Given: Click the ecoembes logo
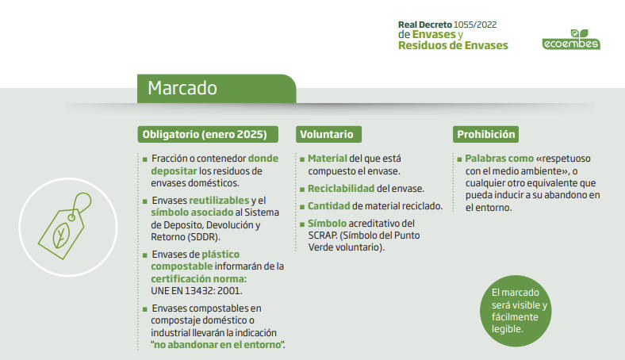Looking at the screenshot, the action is pyautogui.click(x=571, y=40).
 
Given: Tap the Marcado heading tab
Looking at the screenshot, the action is pyautogui.click(x=217, y=89).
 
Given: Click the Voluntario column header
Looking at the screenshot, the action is pyautogui.click(x=328, y=134).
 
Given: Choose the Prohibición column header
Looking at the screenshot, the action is pyautogui.click(x=485, y=134).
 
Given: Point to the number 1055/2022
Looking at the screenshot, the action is pyautogui.click(x=475, y=25).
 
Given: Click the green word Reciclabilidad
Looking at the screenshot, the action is pyautogui.click(x=341, y=189).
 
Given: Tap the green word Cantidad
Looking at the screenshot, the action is pyautogui.click(x=328, y=206).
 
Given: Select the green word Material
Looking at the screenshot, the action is pyautogui.click(x=328, y=159).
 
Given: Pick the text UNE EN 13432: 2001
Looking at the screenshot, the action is pyautogui.click(x=196, y=291).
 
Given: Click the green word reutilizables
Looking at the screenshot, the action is pyautogui.click(x=219, y=200).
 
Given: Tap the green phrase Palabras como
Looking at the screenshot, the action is pyautogui.click(x=499, y=159).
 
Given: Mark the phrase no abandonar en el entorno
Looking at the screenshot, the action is pyautogui.click(x=217, y=345).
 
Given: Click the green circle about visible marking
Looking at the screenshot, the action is pyautogui.click(x=516, y=311).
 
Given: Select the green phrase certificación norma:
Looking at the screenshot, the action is pyautogui.click(x=199, y=278).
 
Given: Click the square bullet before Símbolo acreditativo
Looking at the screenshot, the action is pyautogui.click(x=302, y=224).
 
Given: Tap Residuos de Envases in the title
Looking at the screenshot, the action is pyautogui.click(x=453, y=45).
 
